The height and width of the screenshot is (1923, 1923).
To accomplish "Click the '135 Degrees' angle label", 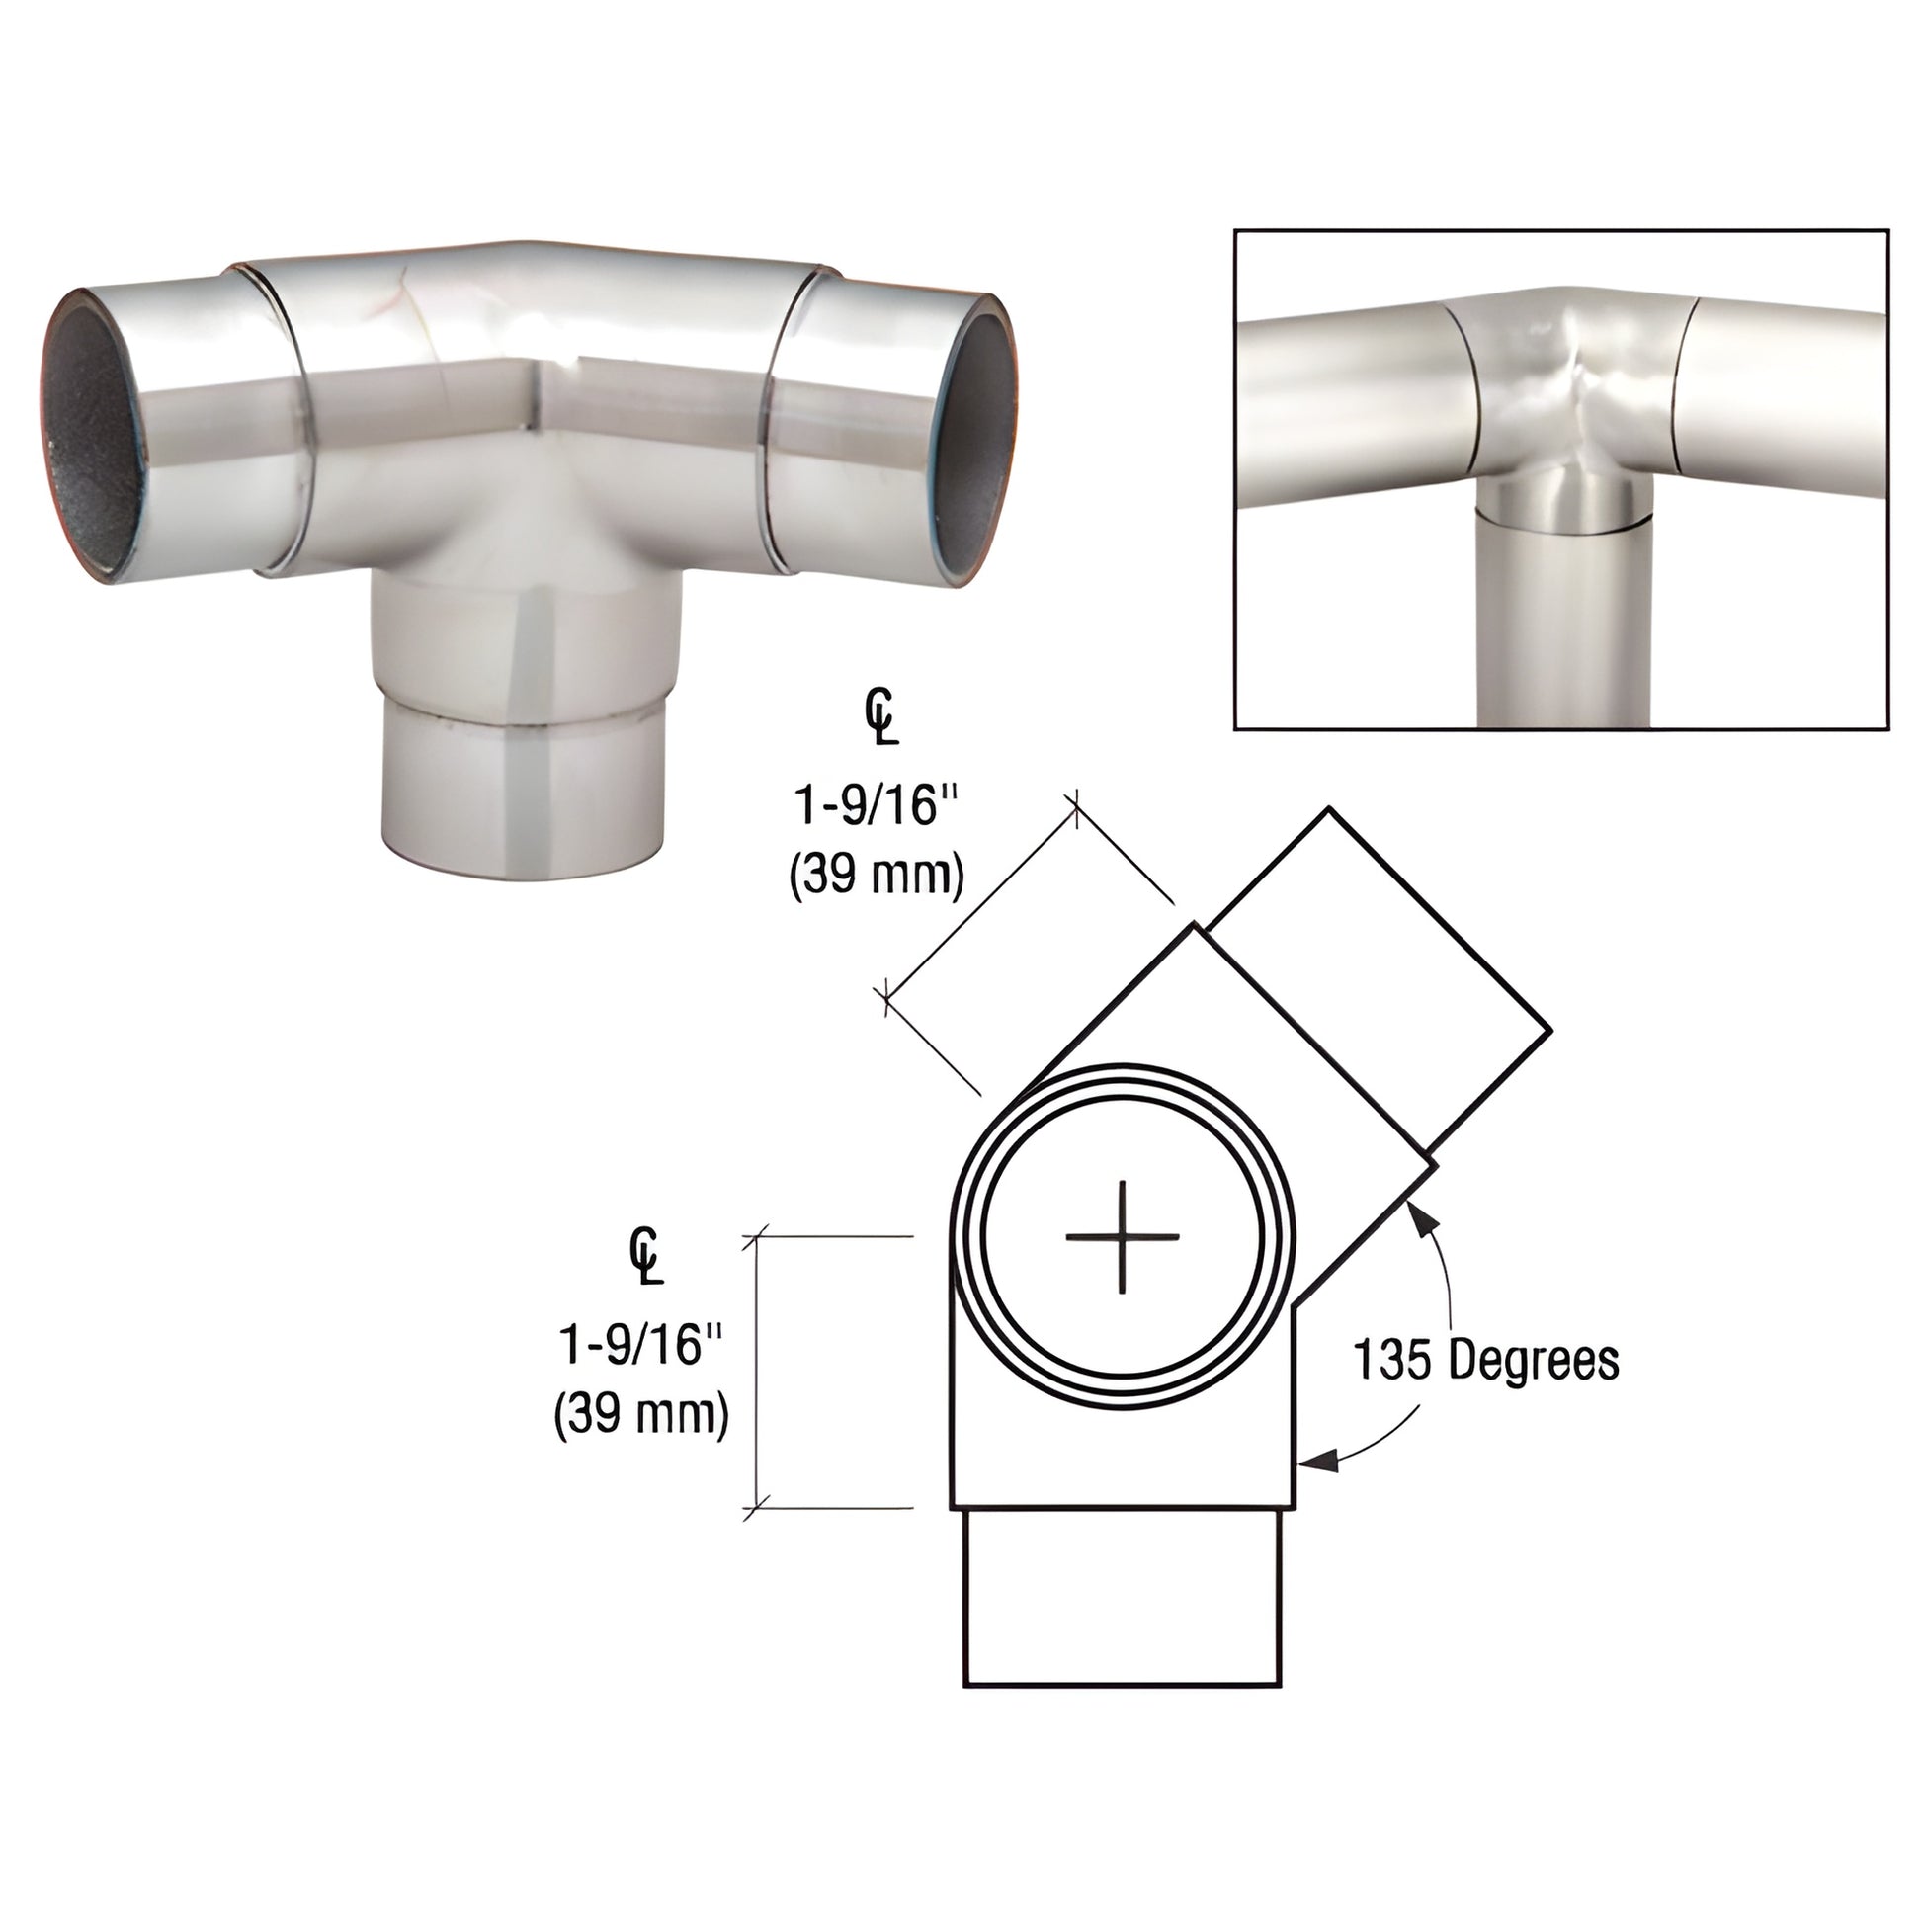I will [x=1486, y=1360].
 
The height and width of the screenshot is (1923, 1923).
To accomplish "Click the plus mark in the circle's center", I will [x=1122, y=1237].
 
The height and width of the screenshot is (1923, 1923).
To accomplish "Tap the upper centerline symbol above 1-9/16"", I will [x=880, y=721].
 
